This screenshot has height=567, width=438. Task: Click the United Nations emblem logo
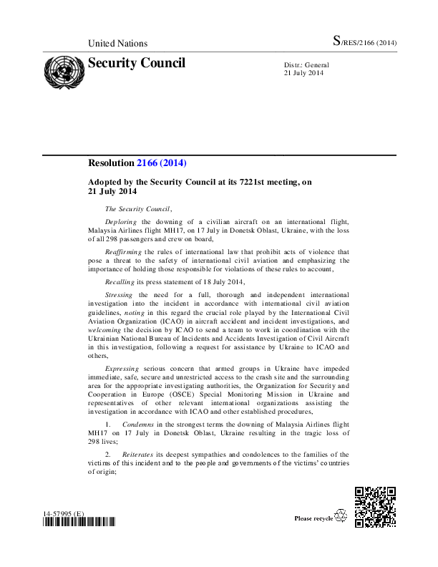pyautogui.click(x=63, y=72)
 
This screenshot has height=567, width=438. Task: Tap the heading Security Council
pyautogui.click(x=136, y=63)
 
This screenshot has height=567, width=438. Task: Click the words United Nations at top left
pyautogui.click(x=117, y=44)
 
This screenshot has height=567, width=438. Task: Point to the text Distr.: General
pyautogui.click(x=306, y=65)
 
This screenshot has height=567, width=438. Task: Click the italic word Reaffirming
pyautogui.click(x=125, y=252)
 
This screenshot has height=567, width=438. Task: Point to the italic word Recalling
pyautogui.click(x=120, y=282)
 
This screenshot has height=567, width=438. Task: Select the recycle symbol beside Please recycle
pyautogui.click(x=341, y=516)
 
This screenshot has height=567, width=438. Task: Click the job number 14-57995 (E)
pyautogui.click(x=63, y=513)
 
